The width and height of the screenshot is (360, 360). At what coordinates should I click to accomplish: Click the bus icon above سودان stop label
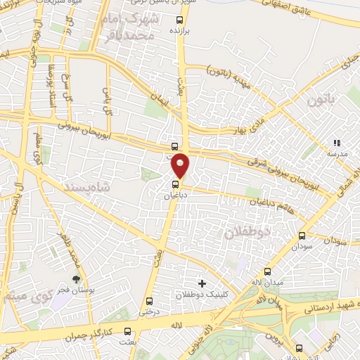click(302, 236)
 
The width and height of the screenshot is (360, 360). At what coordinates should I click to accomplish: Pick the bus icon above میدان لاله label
click(267, 271)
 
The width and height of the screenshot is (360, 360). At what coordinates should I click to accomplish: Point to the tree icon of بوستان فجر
click(76, 280)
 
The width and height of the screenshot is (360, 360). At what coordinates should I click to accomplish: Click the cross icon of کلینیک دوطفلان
click(202, 283)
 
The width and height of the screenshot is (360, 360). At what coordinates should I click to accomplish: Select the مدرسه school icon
click(336, 143)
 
